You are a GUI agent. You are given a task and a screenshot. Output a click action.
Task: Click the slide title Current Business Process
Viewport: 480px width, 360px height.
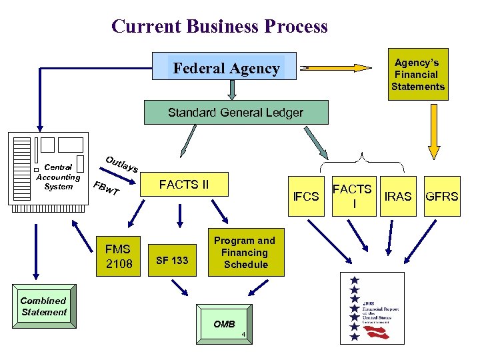(219, 26)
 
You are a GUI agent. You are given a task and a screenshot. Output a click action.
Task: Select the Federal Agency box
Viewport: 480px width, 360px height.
(226, 68)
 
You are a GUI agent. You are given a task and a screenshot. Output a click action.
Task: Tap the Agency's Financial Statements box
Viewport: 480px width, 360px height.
(417, 75)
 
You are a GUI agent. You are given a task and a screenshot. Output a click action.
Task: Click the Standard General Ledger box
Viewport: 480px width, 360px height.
(236, 113)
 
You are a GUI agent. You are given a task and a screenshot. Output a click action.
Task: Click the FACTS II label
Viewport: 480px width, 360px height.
(183, 185)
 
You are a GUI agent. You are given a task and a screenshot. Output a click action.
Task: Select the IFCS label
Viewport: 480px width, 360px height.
(307, 196)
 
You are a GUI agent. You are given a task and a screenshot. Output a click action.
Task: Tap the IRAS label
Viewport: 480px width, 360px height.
(399, 196)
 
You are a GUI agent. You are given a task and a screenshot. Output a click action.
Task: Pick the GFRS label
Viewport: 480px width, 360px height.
(442, 196)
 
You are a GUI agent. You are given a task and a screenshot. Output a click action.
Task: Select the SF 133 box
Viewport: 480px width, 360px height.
(172, 260)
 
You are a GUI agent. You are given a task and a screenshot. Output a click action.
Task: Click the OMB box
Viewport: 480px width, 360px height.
(225, 325)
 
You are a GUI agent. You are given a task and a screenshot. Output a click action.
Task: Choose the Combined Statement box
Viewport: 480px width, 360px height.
(43, 307)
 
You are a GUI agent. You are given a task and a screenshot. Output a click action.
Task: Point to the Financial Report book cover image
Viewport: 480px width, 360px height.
(372, 307)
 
